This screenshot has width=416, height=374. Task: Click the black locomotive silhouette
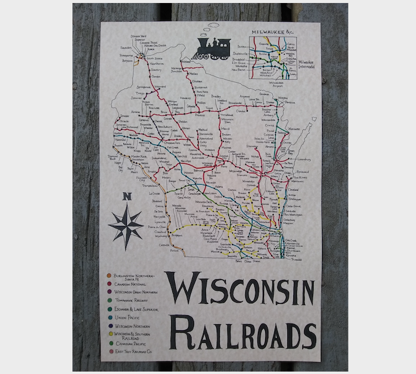[x=213, y=48]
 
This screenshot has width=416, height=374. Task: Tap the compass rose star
[x=126, y=227]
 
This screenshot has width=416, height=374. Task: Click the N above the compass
[x=126, y=195]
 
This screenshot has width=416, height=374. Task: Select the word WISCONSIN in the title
[x=239, y=289]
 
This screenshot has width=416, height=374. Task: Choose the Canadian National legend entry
[x=129, y=284]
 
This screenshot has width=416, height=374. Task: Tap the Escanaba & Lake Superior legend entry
[x=135, y=309]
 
